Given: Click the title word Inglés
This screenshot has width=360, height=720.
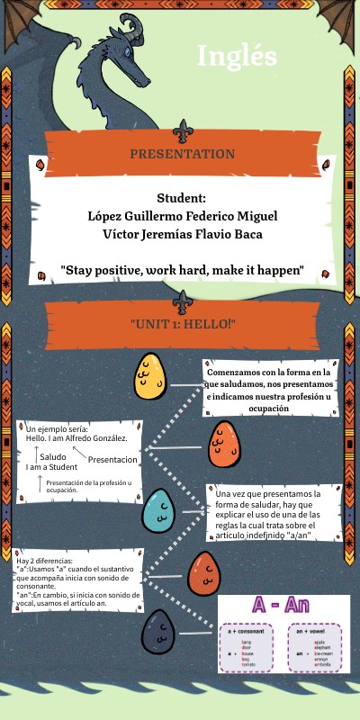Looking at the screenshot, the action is tap(237, 56).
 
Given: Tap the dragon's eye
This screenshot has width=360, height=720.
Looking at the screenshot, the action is tap(128, 52).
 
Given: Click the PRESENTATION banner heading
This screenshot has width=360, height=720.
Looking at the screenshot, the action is tap(183, 154).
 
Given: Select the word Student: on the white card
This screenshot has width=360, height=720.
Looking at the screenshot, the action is tap(182, 198).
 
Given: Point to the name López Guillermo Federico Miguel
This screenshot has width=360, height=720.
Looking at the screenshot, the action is tap(183, 216).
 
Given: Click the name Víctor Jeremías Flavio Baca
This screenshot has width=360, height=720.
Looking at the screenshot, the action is tap(183, 234).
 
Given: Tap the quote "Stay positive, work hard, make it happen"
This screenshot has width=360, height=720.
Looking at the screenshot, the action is tap(183, 270).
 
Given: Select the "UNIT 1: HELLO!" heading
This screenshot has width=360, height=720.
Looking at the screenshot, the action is tap(183, 323).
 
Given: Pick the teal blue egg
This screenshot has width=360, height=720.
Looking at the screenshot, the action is tap(158, 510).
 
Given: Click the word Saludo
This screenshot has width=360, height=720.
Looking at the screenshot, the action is tap(52, 457).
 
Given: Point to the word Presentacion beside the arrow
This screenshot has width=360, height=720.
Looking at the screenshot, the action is tap(112, 460).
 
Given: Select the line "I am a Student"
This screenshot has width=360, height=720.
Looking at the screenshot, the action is tap(51, 467).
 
